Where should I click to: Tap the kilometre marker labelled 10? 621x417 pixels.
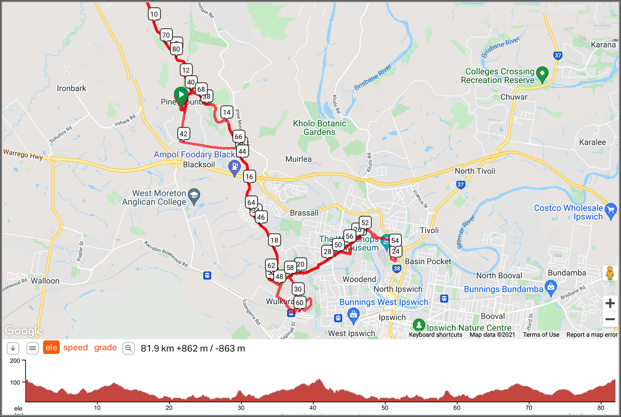point(154,14)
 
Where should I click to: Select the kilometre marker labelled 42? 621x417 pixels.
point(184,134)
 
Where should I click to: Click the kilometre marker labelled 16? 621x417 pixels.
point(249,177)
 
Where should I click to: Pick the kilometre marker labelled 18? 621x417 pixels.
point(274,240)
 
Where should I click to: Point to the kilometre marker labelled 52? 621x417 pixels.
point(365,223)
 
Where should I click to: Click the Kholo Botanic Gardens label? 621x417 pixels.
point(319,128)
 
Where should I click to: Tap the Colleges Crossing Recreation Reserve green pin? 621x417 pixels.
point(542,74)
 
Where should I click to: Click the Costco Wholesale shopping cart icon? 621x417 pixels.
point(610,210)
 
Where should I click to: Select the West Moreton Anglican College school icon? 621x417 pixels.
point(194,196)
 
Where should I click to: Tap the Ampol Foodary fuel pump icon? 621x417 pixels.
point(234,167)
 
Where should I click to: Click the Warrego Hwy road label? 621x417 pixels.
point(23,154)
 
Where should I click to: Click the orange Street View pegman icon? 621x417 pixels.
point(610,273)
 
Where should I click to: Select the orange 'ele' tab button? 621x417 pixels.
point(51,348)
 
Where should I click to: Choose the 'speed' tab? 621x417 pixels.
point(75,348)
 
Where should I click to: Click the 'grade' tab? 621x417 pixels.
point(105,348)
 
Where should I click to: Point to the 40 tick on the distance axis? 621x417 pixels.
point(313,408)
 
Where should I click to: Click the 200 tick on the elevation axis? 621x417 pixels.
point(15,361)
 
